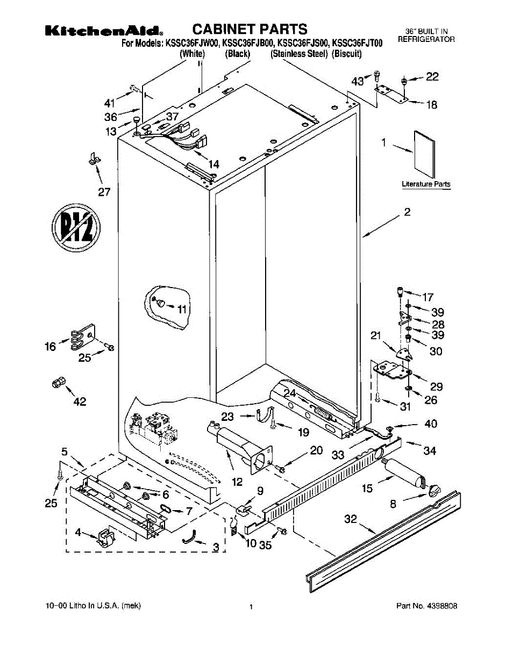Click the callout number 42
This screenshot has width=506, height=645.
point(80,402)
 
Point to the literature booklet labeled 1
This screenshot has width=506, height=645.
point(425,154)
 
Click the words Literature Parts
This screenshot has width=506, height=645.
point(426,184)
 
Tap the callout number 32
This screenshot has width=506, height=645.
point(351,519)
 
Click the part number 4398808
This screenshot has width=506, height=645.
point(443,606)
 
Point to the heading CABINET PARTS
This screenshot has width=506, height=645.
point(250,29)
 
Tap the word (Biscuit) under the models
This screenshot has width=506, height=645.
point(347,54)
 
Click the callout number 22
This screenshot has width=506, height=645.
point(432,77)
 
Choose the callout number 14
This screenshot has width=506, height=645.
point(214,164)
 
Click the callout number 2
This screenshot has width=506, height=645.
point(407,213)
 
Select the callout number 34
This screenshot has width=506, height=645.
point(429,451)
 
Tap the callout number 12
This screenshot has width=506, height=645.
point(237,483)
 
